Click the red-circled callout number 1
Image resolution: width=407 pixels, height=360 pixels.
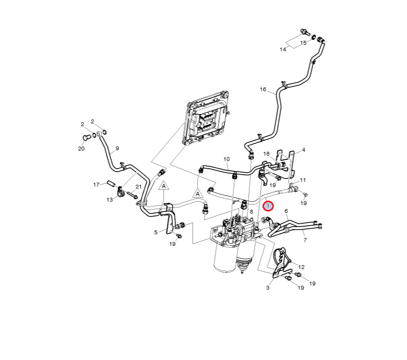click(x=268, y=207)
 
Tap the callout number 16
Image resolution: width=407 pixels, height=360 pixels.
click(x=263, y=90)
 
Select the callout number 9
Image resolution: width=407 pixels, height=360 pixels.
click(x=117, y=148)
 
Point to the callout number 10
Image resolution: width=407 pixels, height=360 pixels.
click(x=227, y=159)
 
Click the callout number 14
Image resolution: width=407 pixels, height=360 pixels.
click(x=283, y=50)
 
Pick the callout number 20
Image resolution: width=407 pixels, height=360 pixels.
click(x=82, y=149)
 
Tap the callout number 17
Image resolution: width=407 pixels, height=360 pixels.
click(x=97, y=184)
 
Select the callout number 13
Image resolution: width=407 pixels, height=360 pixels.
click(x=109, y=200)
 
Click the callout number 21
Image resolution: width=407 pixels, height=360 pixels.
click(x=139, y=187)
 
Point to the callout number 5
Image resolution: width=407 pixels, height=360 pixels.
click(x=156, y=232)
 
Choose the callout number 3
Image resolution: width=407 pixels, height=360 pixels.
click(x=268, y=288)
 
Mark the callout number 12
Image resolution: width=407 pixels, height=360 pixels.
click(x=301, y=267)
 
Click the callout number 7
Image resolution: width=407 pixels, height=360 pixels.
click(x=305, y=240)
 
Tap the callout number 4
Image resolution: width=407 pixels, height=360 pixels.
click(x=303, y=150)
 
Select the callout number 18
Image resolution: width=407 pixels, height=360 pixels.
click(x=266, y=154)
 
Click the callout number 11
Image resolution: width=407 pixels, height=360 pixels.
click(x=303, y=180)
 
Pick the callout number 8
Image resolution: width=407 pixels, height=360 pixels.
click(x=251, y=211)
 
